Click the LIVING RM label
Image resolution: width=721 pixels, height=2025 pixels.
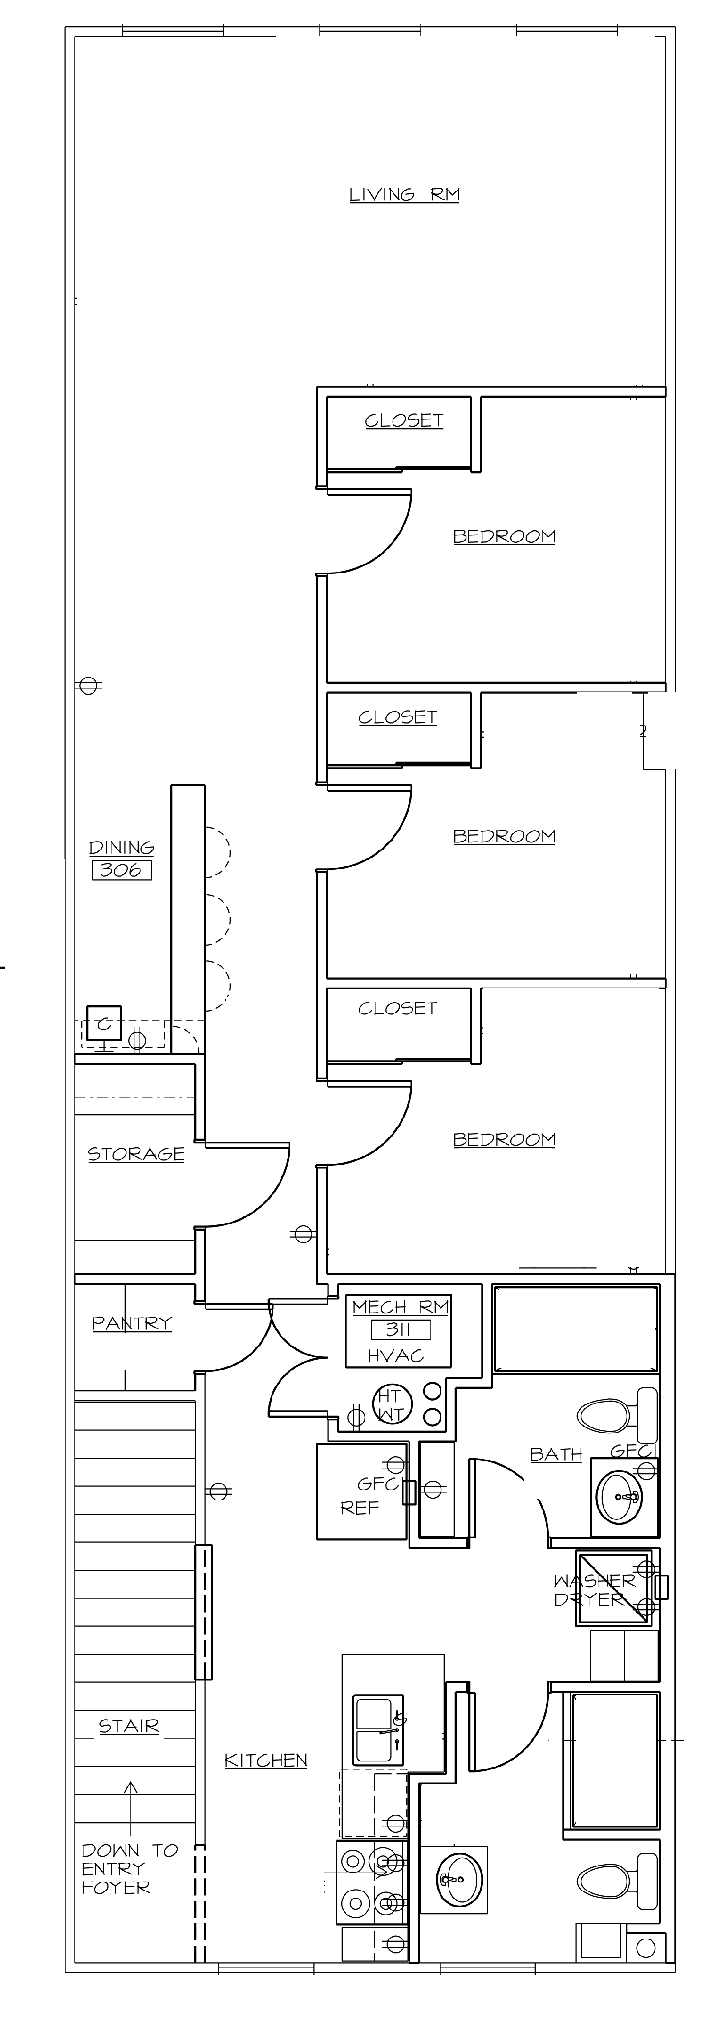404,194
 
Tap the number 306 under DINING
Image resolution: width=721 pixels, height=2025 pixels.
121,870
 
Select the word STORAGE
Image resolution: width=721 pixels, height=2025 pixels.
136,1154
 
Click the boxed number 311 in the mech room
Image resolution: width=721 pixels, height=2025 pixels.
401,1330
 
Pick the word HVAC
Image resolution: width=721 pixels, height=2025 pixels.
396,1356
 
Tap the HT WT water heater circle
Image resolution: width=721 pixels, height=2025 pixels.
390,1405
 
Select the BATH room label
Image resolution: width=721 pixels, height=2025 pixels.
556,1454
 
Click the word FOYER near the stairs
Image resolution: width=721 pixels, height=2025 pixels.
115,1887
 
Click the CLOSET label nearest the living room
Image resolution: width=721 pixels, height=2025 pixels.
404,420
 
